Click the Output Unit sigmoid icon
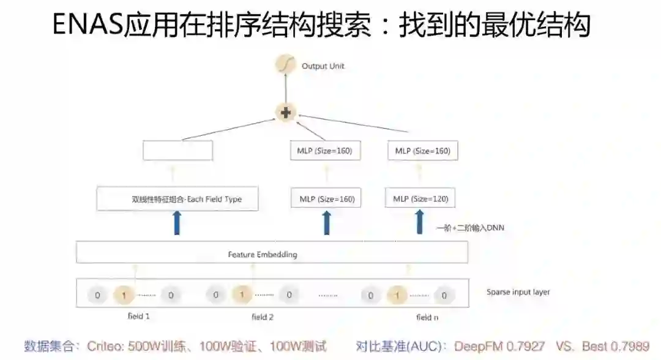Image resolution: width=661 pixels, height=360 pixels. click(x=285, y=65)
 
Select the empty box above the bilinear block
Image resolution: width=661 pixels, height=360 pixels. click(x=177, y=151)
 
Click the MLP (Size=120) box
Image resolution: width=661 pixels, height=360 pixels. click(x=420, y=199)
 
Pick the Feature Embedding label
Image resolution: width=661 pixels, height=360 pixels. click(x=263, y=254)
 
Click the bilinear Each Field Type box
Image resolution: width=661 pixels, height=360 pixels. click(x=177, y=200)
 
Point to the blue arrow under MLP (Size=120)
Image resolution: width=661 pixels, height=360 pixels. click(x=420, y=223)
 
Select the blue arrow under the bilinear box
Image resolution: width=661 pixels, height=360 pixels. click(x=177, y=223)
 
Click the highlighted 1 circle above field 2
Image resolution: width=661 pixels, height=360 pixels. click(x=242, y=295)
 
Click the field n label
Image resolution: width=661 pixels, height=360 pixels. click(x=427, y=317)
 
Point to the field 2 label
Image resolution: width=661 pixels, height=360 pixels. click(x=263, y=317)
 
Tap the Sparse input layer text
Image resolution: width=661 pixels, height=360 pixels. click(x=518, y=292)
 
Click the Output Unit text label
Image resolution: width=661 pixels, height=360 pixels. click(x=323, y=66)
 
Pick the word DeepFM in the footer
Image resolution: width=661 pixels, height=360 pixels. click(x=479, y=347)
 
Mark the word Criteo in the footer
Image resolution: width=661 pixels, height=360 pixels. click(x=105, y=347)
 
